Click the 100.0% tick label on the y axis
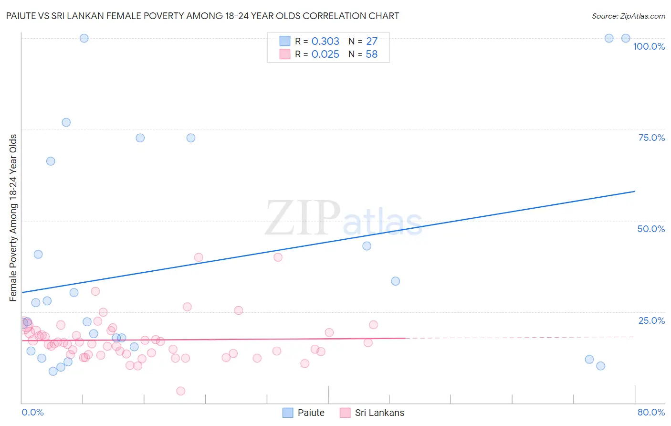point(649,46)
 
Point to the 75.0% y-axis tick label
point(651,138)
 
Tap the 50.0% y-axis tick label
point(651,229)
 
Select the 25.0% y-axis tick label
point(651,320)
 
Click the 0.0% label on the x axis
point(32,412)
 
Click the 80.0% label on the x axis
point(651,412)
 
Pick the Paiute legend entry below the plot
point(304,413)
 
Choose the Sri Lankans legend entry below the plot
point(372,413)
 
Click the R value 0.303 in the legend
point(325,42)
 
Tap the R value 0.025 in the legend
point(325,54)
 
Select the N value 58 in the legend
point(371,54)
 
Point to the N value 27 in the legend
point(371,42)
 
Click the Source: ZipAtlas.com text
point(628,16)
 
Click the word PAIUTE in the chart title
point(22,16)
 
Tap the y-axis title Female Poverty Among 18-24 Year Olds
point(13,218)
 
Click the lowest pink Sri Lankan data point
point(180,391)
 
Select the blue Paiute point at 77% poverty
point(66,122)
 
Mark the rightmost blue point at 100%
point(626,38)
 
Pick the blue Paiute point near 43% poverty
point(367,246)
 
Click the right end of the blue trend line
point(635,191)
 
